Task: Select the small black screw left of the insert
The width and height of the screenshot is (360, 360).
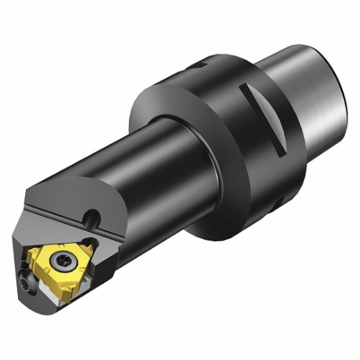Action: click(26, 279)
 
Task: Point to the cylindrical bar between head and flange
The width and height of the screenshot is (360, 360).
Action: click(157, 165)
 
